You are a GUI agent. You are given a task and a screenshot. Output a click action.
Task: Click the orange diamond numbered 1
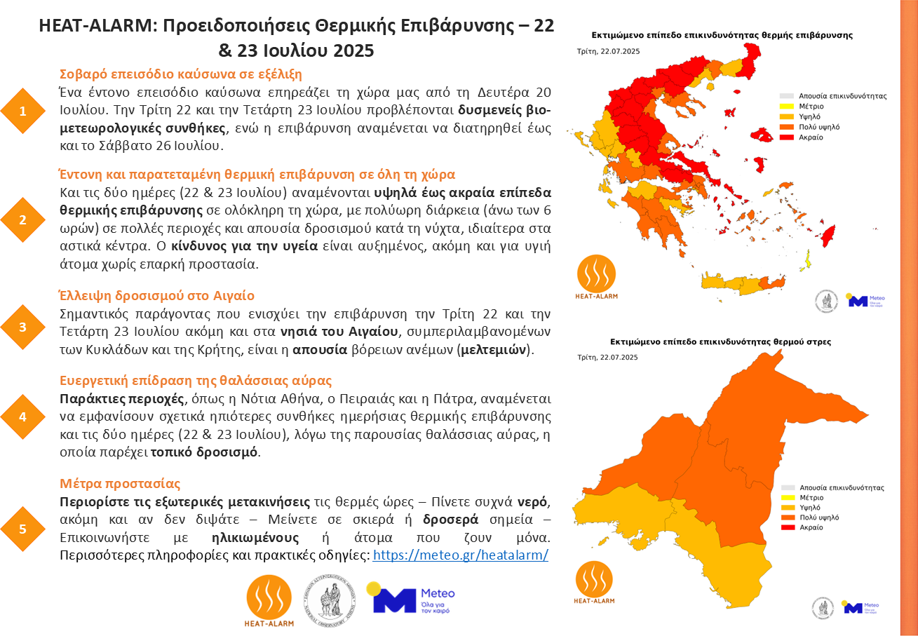[23, 111]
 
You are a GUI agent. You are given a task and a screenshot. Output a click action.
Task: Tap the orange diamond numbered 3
[23, 327]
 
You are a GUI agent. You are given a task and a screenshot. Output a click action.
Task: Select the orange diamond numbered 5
[23, 529]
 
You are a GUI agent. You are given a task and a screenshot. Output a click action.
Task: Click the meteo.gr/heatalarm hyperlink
[460, 555]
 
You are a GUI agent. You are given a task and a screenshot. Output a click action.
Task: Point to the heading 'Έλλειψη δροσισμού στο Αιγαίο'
[156, 295]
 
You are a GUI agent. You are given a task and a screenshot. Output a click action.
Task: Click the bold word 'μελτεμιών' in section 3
[494, 349]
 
